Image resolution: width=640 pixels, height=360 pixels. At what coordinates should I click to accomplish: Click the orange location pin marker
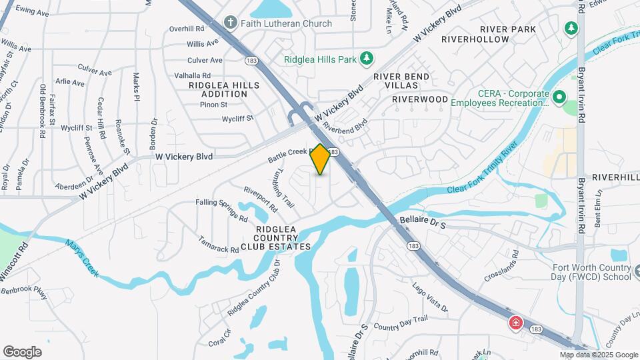(x=320, y=159)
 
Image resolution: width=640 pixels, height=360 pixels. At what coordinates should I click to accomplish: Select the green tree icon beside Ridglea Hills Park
(x=366, y=59)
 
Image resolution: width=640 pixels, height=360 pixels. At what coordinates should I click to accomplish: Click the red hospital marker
(x=515, y=324)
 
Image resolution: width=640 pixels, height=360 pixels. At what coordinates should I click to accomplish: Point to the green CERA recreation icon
(x=559, y=97)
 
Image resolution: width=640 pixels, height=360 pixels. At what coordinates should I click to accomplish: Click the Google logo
(x=22, y=352)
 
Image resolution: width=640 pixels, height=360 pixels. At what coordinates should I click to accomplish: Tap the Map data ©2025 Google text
(x=598, y=355)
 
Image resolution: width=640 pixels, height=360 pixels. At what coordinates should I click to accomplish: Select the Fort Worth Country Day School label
(x=592, y=273)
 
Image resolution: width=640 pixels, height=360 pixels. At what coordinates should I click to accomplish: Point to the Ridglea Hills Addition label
(x=219, y=89)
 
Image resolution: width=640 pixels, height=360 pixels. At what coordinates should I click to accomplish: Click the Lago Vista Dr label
(x=429, y=297)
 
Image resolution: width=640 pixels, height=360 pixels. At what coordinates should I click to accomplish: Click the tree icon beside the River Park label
(x=571, y=29)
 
